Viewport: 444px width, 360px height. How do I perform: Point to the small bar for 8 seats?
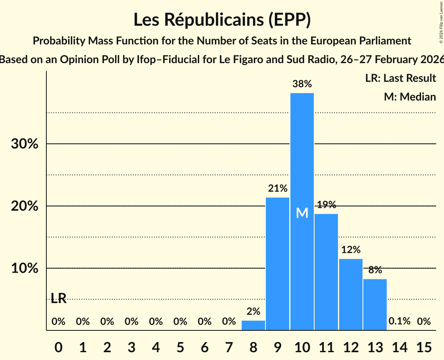pos(253,325)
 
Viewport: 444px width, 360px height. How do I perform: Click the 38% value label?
pos(302,84)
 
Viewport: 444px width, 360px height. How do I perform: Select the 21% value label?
pos(278,189)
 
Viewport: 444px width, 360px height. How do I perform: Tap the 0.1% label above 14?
pos(400,321)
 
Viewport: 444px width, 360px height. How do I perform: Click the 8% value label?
pos(375,270)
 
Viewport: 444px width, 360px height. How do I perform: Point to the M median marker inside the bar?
pos(302,213)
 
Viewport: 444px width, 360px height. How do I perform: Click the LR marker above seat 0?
pos(58,299)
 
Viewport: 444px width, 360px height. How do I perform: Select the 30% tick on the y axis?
pos(24,144)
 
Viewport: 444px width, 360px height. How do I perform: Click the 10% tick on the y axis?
pos(24,269)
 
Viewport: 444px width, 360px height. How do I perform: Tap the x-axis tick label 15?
pos(424,346)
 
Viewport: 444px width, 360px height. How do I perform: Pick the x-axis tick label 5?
pos(180,346)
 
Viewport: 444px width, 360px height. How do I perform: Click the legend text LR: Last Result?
pos(400,78)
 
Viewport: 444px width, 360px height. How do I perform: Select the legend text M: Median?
pos(410,97)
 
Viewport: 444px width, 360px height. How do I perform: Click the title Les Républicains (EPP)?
pos(222,20)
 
